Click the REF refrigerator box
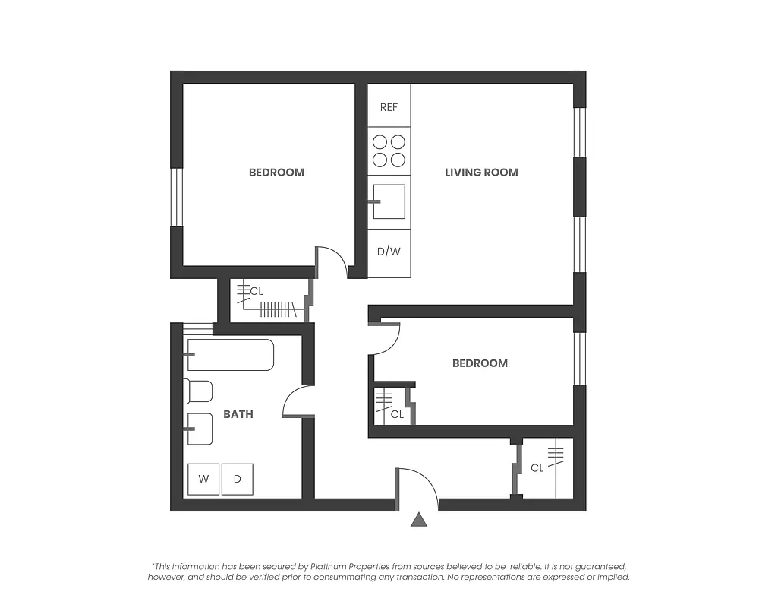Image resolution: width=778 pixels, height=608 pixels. pos(389,106)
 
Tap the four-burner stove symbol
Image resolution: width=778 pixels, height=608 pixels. pos(389,150)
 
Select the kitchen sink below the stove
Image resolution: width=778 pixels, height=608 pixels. pos(389,201)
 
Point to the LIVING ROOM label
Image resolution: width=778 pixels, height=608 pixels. pos(481,173)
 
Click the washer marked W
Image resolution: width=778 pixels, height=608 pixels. pos(203,479)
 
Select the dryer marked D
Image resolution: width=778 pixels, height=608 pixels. pos(237,479)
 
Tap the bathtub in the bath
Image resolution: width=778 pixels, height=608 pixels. pos(231,355)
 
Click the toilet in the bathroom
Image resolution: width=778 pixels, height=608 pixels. pos(199,391)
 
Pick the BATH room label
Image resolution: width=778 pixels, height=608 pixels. pos(238,414)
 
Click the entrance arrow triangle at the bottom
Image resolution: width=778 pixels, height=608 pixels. pos(419,520)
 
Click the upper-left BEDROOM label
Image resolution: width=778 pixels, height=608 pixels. pos(276,173)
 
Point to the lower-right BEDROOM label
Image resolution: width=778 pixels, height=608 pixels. pos(480,363)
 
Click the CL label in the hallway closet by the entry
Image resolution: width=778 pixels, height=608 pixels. pos(537,468)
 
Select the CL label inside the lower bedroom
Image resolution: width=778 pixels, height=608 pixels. pos(397,414)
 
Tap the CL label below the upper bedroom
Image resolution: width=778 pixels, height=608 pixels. pos(257,291)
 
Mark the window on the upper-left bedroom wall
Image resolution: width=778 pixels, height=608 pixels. pos(176,197)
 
